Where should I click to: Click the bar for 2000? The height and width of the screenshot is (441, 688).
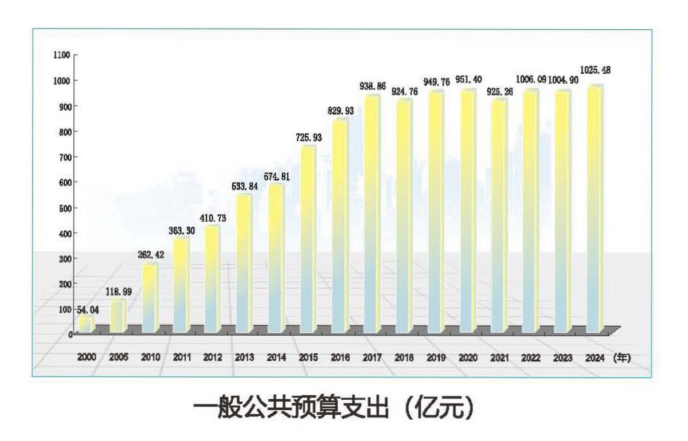point(86,325)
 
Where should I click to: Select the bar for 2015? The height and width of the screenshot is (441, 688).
point(307,241)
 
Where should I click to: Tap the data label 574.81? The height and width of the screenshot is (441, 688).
point(277,177)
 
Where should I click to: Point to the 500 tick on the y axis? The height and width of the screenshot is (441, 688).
point(64,207)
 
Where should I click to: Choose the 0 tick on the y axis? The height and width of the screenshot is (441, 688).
point(69,334)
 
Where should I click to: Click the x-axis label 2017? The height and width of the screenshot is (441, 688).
point(372,357)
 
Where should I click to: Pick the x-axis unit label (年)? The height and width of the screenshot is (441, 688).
point(621,357)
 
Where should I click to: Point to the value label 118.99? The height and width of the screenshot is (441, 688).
point(116,292)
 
